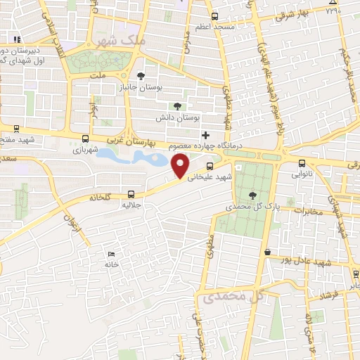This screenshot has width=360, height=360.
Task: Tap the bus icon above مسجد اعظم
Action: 214,15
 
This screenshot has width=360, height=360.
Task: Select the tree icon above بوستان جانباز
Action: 141,75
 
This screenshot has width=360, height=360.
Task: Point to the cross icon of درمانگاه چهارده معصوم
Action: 205,134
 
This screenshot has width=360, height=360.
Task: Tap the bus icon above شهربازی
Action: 85,139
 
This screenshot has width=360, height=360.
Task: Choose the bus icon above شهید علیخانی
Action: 210,167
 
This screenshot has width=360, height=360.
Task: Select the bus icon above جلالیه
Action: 131,194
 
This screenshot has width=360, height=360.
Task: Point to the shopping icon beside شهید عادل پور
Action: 266,252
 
